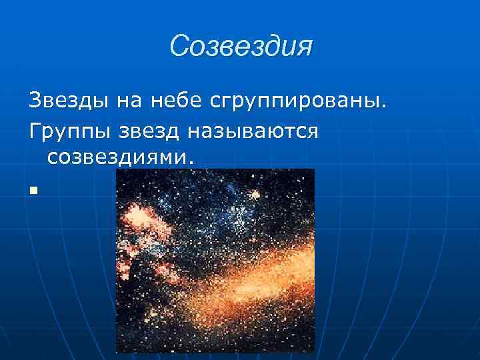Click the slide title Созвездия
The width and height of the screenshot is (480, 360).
tap(241, 46)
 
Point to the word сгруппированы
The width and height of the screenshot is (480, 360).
tap(294, 103)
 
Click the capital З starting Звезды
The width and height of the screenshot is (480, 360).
tap(35, 101)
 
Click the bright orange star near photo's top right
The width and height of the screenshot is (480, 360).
tap(254, 195)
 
